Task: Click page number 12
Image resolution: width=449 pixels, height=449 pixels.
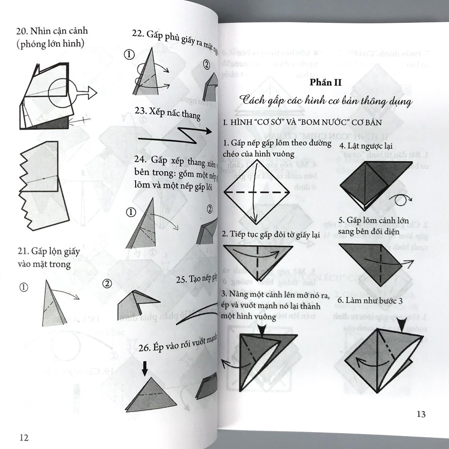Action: pyautogui.click(x=23, y=438)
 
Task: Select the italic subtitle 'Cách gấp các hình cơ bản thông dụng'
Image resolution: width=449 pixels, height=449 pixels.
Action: pyautogui.click(x=325, y=102)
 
